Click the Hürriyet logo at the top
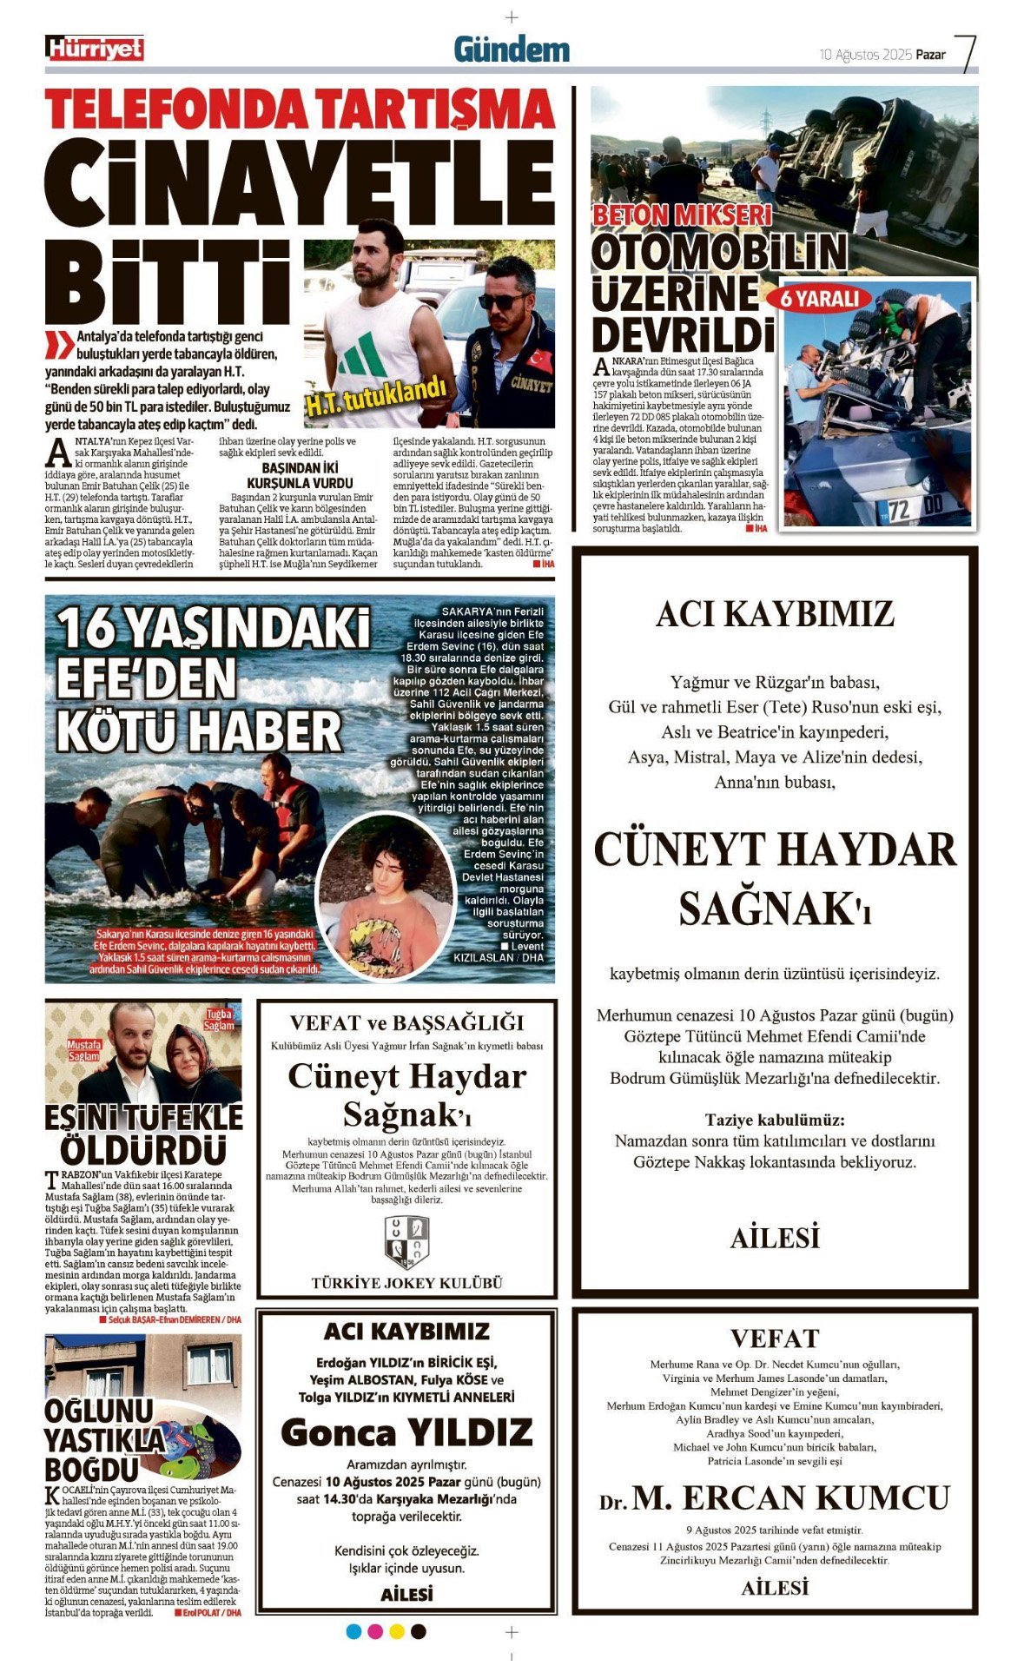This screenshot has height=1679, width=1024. [95, 49]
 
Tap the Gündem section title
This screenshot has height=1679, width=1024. [512, 50]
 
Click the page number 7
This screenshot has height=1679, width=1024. [966, 52]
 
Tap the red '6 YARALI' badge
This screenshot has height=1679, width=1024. [820, 298]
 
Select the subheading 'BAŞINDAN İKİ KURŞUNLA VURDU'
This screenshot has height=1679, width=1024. [300, 475]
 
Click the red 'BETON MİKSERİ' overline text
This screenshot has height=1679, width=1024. [682, 215]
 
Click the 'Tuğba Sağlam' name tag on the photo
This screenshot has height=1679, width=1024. [220, 1020]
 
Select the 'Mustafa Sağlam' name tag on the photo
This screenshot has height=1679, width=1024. [84, 1050]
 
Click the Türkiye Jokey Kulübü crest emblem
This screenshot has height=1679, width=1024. [406, 1241]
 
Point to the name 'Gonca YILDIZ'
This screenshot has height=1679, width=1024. [406, 1432]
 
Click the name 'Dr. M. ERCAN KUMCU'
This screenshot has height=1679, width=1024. [775, 1499]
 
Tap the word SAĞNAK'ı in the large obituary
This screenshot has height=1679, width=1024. [775, 909]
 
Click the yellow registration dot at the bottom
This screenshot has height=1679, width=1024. [397, 1631]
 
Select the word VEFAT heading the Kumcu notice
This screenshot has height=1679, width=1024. [775, 1338]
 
